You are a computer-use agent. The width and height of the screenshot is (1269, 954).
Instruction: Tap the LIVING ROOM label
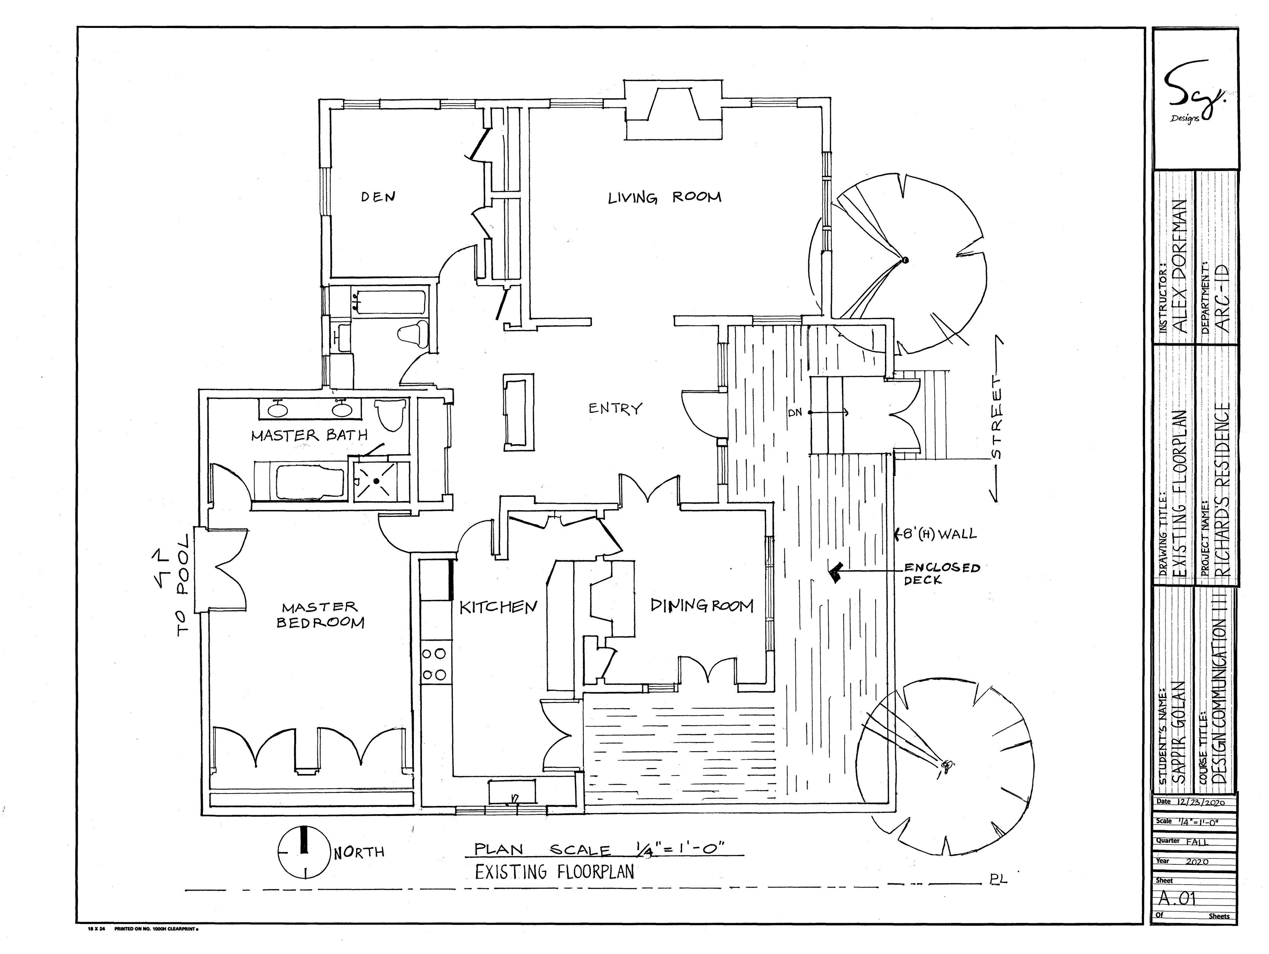click(x=664, y=198)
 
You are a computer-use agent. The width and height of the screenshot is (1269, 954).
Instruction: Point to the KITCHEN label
click(x=498, y=607)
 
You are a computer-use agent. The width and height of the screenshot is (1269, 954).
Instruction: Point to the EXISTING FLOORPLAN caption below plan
click(x=554, y=872)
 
